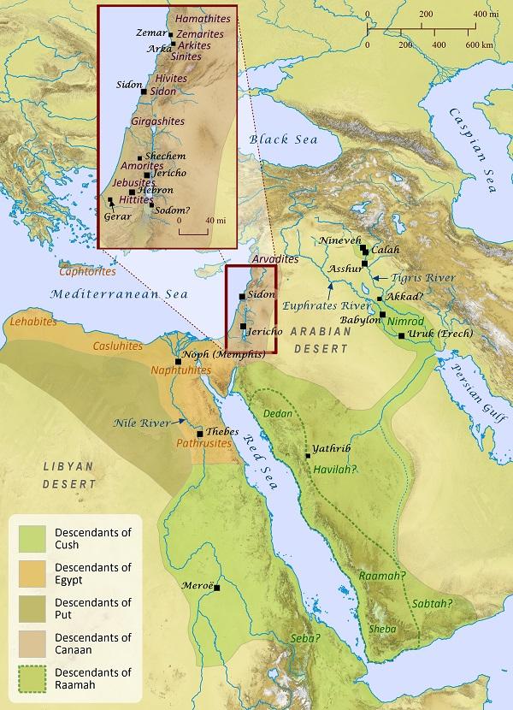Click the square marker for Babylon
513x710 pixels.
pos(383,316)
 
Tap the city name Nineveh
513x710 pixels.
pos(339,241)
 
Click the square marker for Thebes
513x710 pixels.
pos(199,433)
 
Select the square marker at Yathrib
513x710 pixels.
pos(308,456)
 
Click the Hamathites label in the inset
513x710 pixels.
pos(198,17)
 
